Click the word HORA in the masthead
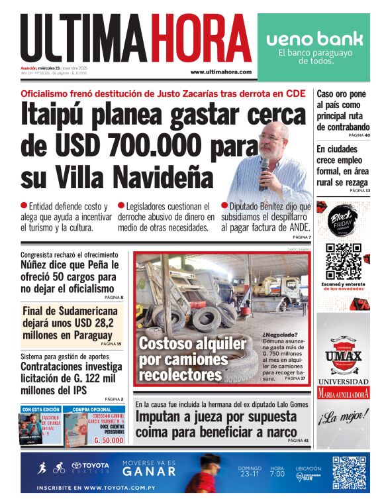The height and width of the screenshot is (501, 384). click(199, 38)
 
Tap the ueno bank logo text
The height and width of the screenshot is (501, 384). click(314, 38)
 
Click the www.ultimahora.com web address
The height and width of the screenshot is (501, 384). click(220, 72)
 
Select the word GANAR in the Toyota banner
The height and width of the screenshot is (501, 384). click(149, 473)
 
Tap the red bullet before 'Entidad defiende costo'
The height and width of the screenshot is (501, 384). click(24, 206)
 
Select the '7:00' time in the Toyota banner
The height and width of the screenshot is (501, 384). click(277, 474)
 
